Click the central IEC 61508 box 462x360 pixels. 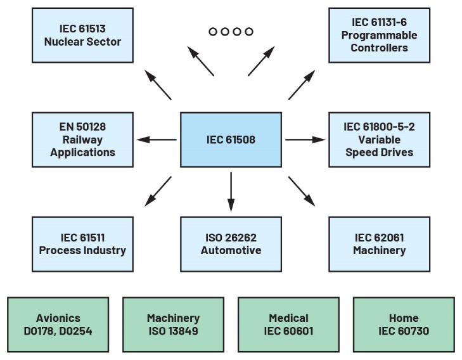(231, 139)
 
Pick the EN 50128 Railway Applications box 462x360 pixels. (82, 139)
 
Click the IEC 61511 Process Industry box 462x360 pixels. (82, 244)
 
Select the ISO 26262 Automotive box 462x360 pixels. (231, 244)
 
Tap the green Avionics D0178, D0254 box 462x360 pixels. (58, 324)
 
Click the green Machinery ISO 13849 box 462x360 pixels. (173, 324)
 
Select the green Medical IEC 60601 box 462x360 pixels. (288, 324)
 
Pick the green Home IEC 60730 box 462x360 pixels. (404, 324)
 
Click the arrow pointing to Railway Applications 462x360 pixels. (157, 139)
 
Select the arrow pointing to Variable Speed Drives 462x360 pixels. (305, 139)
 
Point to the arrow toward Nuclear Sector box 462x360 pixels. (158, 85)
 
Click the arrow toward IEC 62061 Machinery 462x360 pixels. (302, 191)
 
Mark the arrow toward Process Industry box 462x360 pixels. (158, 191)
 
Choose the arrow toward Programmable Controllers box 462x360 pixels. (302, 85)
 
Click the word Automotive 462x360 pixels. (231, 250)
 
